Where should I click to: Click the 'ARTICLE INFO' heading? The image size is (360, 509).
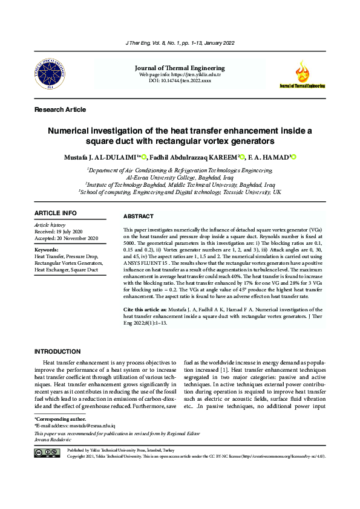56,213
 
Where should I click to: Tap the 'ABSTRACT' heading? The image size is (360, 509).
138,216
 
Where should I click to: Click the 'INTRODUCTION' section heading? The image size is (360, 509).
62,351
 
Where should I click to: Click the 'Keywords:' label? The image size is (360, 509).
47,250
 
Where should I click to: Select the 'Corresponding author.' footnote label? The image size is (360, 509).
61,418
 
